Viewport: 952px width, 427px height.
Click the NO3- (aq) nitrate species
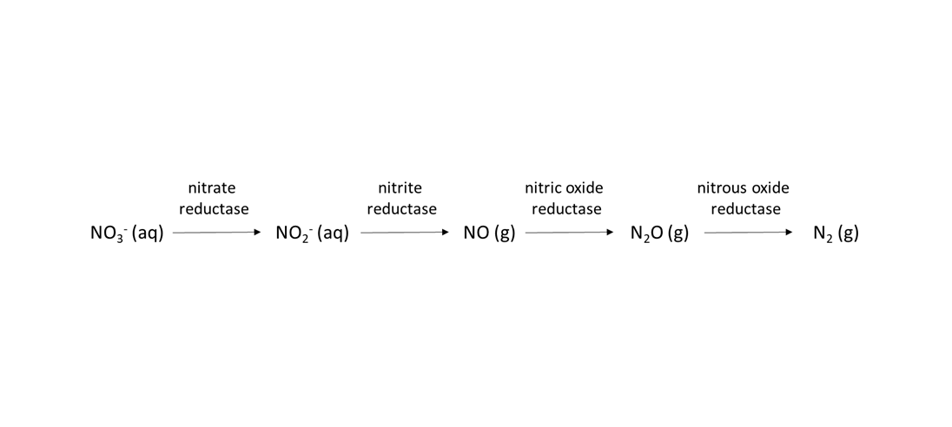[x=127, y=233]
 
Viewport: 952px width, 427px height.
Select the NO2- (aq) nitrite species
[x=312, y=233]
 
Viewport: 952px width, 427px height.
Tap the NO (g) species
[x=489, y=233]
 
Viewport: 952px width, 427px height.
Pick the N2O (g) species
[x=659, y=233]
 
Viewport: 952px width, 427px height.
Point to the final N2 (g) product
[x=836, y=233]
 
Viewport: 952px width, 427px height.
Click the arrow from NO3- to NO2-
[x=217, y=233]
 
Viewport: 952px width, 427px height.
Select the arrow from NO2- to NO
[x=405, y=233]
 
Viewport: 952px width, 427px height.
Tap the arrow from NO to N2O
[x=570, y=233]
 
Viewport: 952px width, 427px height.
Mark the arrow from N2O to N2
[x=749, y=233]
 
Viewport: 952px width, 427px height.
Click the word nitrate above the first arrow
[x=211, y=188]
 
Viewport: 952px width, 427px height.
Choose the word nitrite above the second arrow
[x=400, y=188]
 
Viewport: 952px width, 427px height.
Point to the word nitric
[x=542, y=188]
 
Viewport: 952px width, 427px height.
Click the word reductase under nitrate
[x=214, y=209]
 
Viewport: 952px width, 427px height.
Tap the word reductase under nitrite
[x=402, y=209]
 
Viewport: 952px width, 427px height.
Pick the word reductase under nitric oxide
[x=566, y=209]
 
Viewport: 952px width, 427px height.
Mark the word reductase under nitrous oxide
[x=745, y=209]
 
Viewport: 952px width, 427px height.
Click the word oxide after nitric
[x=584, y=188]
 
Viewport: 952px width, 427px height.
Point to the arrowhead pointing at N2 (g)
[x=790, y=233]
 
